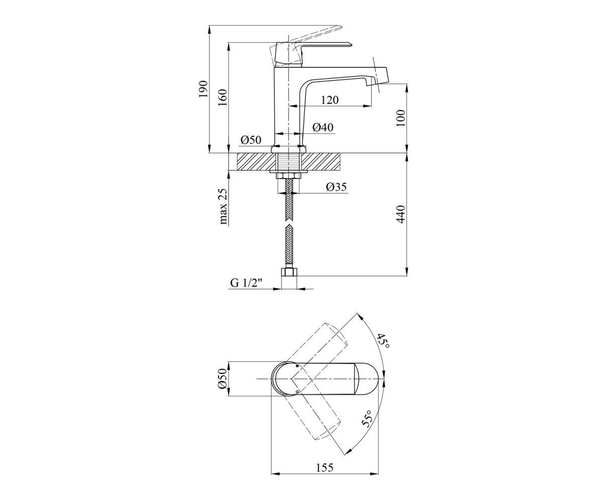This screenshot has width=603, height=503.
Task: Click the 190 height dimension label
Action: click(204, 89)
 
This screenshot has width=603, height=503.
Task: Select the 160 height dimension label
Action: click(223, 98)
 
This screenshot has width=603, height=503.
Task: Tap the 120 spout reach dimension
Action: click(330, 100)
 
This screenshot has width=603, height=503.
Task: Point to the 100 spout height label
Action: click(401, 118)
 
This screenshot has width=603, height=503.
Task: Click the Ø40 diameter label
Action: click(323, 127)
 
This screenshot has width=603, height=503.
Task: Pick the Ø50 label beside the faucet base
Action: click(251, 140)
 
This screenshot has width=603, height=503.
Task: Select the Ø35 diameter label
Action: click(337, 187)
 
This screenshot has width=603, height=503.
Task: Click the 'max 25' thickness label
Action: click(223, 206)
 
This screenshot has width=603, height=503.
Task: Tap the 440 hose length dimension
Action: click(401, 214)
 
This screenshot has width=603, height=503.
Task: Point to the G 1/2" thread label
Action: click(246, 283)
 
